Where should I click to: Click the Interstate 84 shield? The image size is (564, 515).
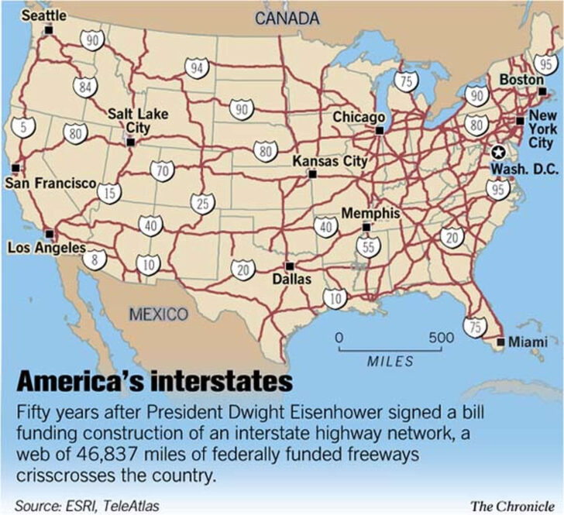85,85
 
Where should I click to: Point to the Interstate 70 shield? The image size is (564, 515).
162,171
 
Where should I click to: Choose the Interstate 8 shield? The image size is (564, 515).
95,259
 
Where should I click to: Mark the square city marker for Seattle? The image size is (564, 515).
49,30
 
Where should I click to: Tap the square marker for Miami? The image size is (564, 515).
500,342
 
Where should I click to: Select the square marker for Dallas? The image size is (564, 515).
290,266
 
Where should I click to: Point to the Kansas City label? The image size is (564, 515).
329,161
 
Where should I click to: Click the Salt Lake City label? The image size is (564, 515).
137,120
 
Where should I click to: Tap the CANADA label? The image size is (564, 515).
287,18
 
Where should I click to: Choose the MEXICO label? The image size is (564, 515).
159,314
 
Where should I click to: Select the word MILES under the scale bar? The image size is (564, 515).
390,361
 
